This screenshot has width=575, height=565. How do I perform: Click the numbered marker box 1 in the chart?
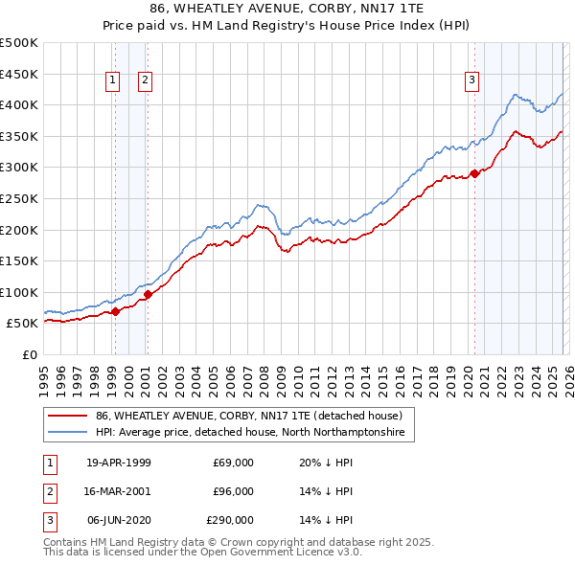(113, 81)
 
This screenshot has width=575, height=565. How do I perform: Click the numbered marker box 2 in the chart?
(145, 81)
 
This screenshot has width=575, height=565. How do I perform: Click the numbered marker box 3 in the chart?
(472, 81)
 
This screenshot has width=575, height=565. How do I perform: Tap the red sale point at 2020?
(474, 173)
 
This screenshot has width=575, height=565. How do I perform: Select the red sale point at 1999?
(116, 311)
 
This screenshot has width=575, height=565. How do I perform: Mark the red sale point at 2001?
(149, 294)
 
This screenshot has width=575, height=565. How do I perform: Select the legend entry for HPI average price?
(250, 433)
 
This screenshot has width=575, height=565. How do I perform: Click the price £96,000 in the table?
(233, 491)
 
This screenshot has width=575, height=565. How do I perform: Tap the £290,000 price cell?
(230, 520)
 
